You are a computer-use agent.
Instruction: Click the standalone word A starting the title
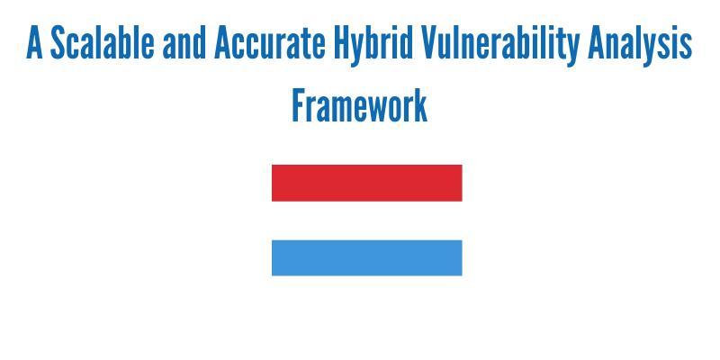(x=34, y=42)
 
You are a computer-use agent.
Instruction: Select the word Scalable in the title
(x=102, y=42)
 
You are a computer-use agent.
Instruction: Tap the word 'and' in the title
(x=184, y=42)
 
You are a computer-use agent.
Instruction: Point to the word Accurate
(x=270, y=42)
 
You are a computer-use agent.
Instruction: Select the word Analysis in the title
(x=640, y=45)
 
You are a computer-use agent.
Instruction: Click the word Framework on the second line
(x=359, y=105)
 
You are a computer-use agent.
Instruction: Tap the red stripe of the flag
(x=367, y=183)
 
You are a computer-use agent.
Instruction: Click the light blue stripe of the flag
(x=367, y=257)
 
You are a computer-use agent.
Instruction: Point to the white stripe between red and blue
(x=367, y=220)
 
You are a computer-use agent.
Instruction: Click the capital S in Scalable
(x=58, y=42)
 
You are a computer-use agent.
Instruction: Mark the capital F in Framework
(x=299, y=105)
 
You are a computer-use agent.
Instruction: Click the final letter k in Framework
(x=420, y=105)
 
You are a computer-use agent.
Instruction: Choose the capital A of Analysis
(x=596, y=42)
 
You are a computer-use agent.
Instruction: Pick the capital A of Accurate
(x=222, y=42)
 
